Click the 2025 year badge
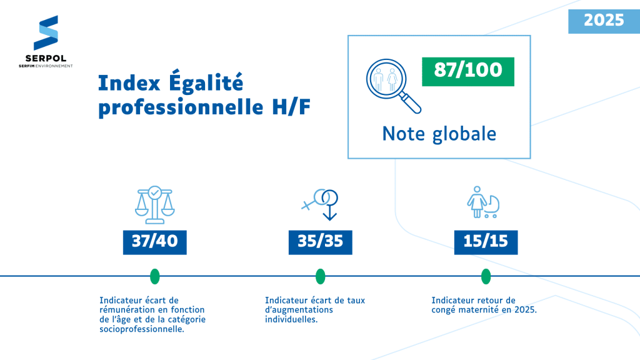point(604,20)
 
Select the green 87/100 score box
point(467,70)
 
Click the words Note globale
point(439,134)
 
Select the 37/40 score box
point(155,241)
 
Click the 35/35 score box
point(320,241)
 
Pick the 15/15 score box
point(486,241)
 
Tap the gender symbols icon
point(322,203)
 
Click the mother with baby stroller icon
point(483,202)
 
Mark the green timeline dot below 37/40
point(155,276)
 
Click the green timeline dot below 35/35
point(321,276)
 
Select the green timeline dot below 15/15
point(486,276)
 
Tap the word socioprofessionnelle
point(142,329)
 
